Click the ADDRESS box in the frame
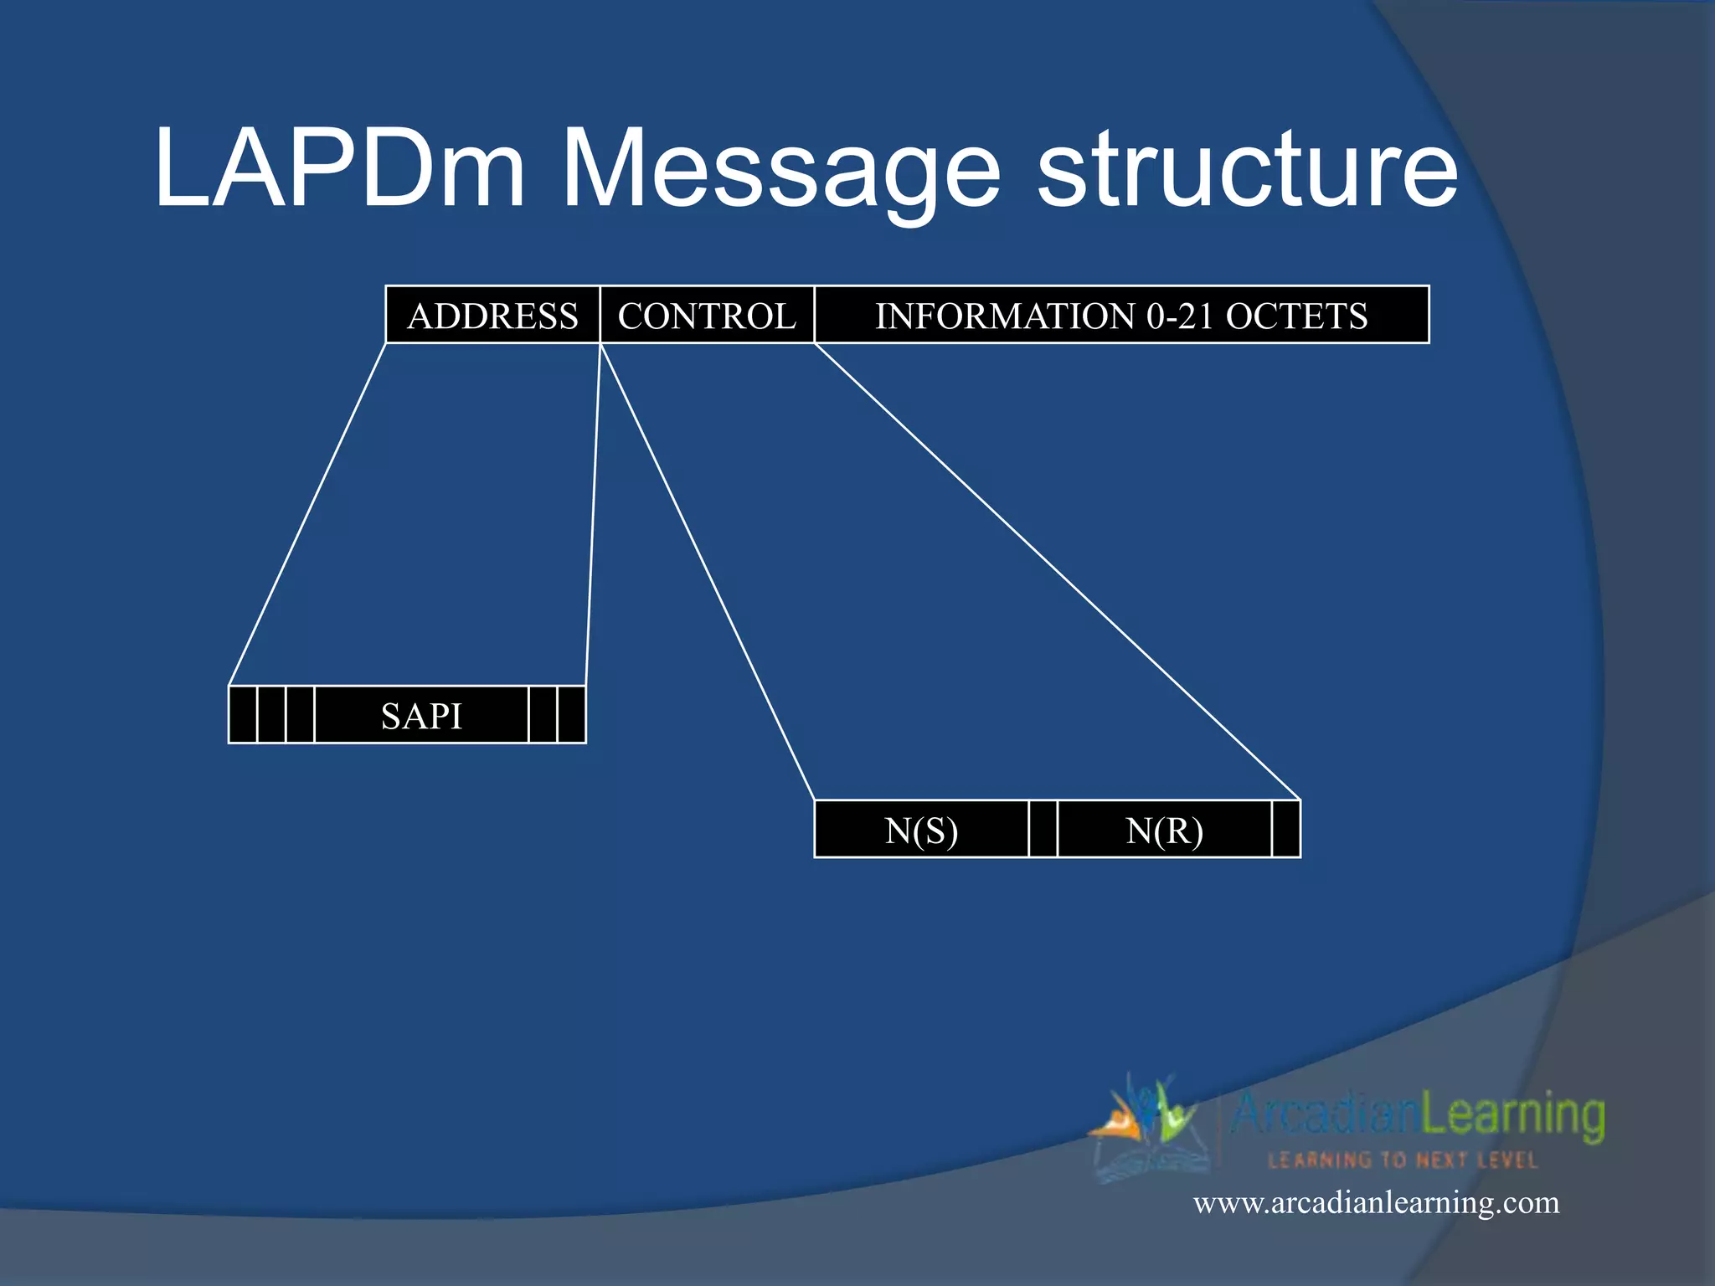coord(492,315)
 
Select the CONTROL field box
coord(707,315)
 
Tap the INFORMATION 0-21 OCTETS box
coord(1121,315)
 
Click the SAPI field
coord(421,715)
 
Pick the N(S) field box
coord(921,830)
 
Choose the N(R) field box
coord(1164,830)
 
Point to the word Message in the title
coord(780,172)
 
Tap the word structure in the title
coord(1248,172)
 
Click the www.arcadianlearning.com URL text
coord(1376,1203)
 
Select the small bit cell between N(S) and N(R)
coord(1043,830)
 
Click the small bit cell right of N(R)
coord(1285,830)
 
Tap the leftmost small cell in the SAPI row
coord(243,715)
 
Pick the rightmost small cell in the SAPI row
coord(571,715)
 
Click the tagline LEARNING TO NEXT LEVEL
coord(1403,1160)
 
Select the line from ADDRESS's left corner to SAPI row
coord(307,514)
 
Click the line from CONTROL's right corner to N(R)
coord(1057,571)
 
